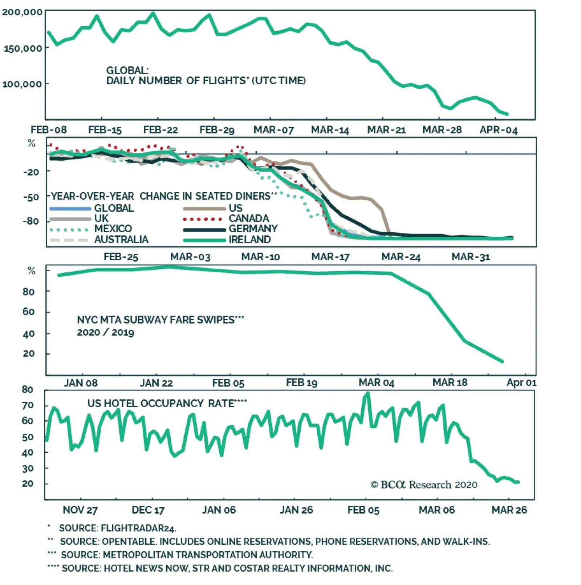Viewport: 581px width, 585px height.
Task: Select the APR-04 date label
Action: [498, 130]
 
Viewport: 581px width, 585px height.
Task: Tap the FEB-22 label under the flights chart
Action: [161, 130]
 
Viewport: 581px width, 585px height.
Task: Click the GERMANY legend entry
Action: [253, 229]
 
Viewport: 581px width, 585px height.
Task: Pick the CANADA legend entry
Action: [249, 219]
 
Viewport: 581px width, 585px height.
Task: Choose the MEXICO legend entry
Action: [113, 229]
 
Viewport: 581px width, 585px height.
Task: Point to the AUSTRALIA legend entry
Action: [121, 240]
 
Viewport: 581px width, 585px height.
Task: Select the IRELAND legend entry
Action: [250, 240]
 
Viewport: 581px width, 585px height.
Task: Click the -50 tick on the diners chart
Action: [31, 197]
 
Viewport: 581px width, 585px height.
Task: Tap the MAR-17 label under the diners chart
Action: [330, 257]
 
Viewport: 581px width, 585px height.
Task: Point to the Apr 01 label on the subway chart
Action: [521, 383]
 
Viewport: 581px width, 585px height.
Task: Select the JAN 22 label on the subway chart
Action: [156, 383]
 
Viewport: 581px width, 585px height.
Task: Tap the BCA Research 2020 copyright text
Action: [424, 485]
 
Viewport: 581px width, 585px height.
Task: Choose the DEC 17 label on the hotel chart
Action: [148, 510]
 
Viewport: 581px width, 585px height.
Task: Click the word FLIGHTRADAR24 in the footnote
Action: [138, 528]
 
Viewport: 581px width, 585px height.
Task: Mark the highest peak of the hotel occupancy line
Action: [368, 393]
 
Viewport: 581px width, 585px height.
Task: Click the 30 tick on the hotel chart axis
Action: [28, 469]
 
